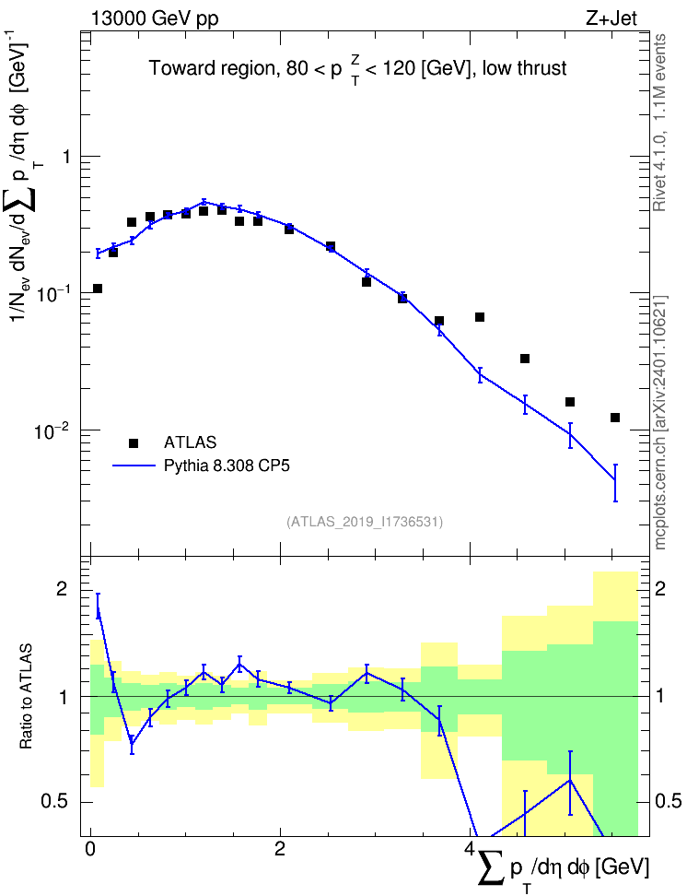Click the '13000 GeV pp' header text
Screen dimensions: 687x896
[154, 18]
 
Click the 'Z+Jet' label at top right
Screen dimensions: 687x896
[611, 18]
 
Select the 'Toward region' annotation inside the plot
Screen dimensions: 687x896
[212, 68]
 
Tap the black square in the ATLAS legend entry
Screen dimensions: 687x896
[133, 442]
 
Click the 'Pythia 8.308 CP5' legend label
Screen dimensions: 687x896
[227, 466]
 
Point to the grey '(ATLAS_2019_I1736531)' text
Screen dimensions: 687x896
[365, 522]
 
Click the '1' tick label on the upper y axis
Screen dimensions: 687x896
[66, 157]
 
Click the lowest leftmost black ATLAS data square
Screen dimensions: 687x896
[98, 289]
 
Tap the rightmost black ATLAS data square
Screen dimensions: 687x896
[615, 418]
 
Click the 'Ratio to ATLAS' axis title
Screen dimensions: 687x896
[26, 696]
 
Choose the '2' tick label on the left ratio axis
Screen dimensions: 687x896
[61, 589]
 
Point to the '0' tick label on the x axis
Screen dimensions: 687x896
[89, 849]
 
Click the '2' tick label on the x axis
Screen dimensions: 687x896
[280, 849]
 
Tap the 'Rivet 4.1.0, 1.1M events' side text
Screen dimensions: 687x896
[659, 123]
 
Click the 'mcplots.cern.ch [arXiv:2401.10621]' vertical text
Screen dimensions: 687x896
[660, 422]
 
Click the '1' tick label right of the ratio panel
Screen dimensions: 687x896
[660, 696]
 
